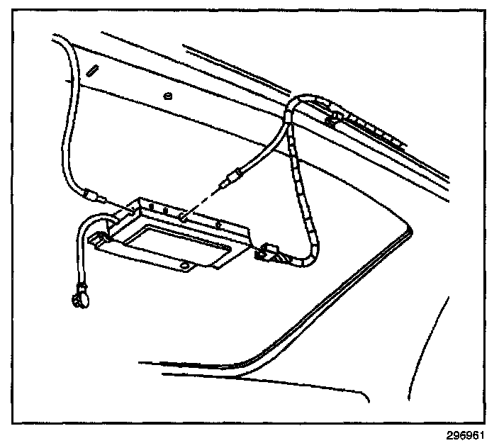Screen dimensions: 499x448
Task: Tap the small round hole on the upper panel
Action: click(x=167, y=96)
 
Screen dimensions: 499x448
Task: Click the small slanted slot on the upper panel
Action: click(x=93, y=71)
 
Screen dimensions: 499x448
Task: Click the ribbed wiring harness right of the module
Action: click(x=303, y=191)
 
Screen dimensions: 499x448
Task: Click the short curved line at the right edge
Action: click(x=442, y=319)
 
